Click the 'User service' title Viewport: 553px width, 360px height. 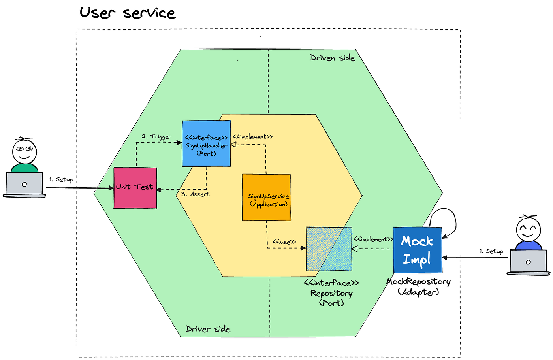tap(127, 13)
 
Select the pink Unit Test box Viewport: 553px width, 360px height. tap(135, 188)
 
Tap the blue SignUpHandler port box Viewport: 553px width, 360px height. tap(206, 143)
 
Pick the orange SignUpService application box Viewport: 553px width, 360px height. tap(266, 197)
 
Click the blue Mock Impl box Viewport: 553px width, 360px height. tap(418, 250)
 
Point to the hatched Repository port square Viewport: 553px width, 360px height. tap(329, 249)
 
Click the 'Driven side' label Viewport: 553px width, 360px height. tap(332, 58)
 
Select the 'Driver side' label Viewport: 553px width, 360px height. tap(208, 329)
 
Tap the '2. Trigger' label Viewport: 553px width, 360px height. tap(156, 137)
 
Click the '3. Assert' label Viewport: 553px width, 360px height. tap(195, 194)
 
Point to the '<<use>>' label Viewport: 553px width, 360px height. tap(284, 242)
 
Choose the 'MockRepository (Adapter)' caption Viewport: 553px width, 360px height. tap(418, 286)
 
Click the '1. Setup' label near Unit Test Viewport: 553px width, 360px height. tap(61, 179)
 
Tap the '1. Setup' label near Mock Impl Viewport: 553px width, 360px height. tap(491, 251)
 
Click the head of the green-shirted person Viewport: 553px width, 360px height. tap(24, 151)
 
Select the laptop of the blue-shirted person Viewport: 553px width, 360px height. tap(528, 262)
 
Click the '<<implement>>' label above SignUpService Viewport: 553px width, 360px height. tap(252, 137)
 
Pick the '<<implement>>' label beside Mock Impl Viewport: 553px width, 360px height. tap(373, 239)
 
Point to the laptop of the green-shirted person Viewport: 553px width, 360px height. tap(24, 184)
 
